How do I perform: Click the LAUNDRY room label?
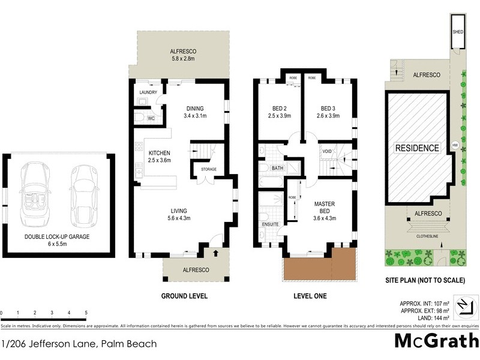point(148,92)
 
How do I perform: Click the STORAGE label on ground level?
point(208,170)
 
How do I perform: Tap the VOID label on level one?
point(327,151)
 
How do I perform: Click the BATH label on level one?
point(277,169)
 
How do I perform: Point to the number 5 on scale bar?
point(86,313)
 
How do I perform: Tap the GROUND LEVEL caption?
point(184,296)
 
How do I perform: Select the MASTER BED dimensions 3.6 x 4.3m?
point(325,218)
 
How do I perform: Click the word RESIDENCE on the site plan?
point(416,148)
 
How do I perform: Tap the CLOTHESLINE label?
point(427,236)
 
